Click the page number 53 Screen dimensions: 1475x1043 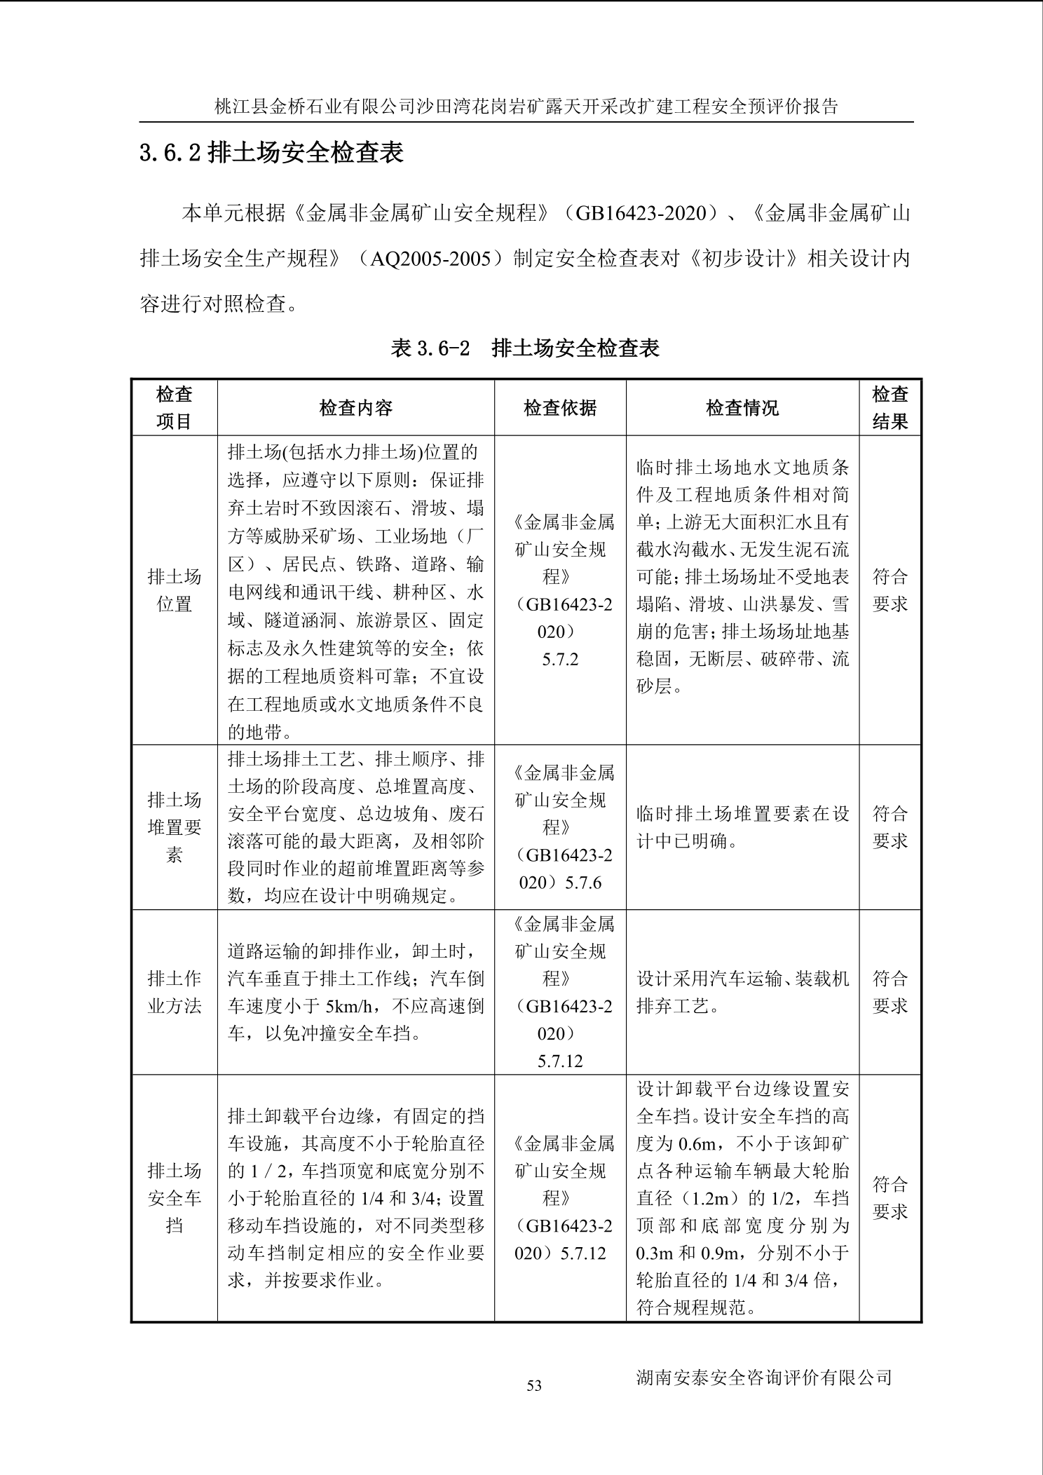[534, 1385]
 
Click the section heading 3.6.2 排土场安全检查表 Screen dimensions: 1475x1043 [271, 153]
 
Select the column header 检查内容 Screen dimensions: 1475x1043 [355, 408]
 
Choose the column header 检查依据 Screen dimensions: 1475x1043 [560, 408]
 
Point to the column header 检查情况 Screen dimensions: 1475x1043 [742, 408]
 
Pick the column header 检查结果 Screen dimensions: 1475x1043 [889, 407]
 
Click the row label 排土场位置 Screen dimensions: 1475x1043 [174, 590]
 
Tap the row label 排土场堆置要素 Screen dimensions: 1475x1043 [174, 827]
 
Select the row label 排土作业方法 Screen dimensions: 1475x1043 [174, 992]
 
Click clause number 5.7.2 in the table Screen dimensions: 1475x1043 [560, 659]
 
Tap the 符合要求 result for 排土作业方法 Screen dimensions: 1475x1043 [889, 992]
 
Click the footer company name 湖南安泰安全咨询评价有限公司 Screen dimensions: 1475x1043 [763, 1377]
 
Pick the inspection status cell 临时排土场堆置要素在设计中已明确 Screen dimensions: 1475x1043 [742, 827]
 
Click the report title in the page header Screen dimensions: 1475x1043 [526, 107]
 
